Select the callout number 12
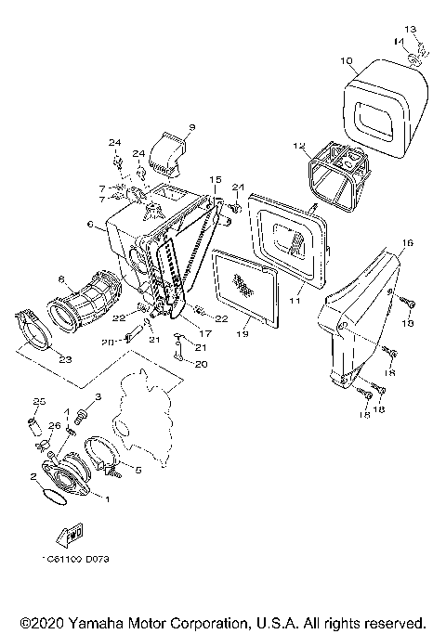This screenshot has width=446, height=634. coord(299,146)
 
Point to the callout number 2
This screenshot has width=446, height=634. coord(33,476)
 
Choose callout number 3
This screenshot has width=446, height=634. coord(98,397)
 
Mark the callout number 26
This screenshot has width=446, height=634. coord(53,426)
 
